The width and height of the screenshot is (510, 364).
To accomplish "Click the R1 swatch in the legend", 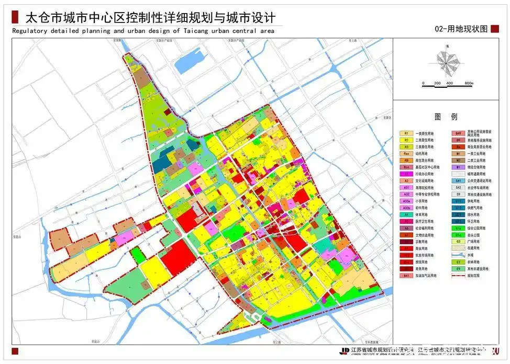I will [x=406, y=133].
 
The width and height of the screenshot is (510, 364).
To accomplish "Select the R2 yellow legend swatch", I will [x=406, y=140].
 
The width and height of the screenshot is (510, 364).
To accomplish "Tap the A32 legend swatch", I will [x=406, y=194].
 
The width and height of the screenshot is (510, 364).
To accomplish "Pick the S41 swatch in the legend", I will [x=458, y=180].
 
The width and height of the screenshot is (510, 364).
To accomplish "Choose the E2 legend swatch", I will [x=458, y=261].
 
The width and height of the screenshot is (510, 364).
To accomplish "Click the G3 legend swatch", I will [x=458, y=242].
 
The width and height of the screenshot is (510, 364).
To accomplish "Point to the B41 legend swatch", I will [x=406, y=275].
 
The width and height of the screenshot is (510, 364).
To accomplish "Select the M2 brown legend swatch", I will [x=458, y=161].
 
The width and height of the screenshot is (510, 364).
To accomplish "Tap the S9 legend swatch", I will [x=458, y=194].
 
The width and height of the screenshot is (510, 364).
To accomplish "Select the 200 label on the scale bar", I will [x=437, y=84].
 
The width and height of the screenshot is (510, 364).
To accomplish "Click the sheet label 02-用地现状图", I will [x=460, y=29].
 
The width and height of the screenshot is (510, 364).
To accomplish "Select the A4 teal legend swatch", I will [x=406, y=214].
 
